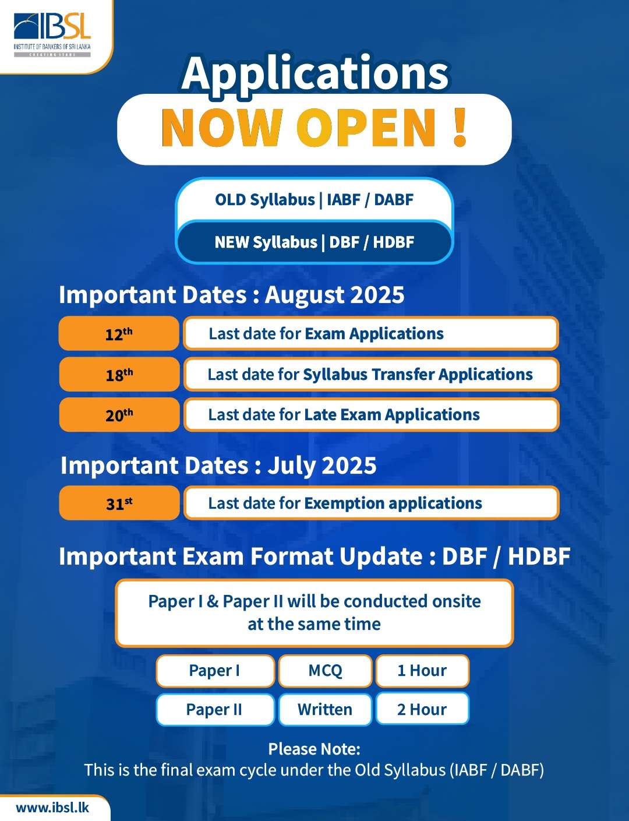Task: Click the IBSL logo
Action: [52, 35]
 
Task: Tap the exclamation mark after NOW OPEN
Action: [460, 128]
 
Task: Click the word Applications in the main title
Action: [315, 74]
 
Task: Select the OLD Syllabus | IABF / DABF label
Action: [314, 199]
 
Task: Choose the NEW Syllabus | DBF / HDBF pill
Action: [314, 242]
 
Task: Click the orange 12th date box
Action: [119, 333]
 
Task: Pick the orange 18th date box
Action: [119, 374]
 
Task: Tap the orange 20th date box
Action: [119, 414]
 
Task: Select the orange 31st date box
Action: [119, 503]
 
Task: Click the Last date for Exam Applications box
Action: [371, 333]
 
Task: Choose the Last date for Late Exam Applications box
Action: [371, 414]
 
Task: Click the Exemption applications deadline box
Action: [371, 503]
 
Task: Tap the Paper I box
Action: [215, 671]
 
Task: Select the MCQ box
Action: [325, 671]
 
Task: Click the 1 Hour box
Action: [422, 671]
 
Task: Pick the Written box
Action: [325, 709]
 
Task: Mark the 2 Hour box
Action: [422, 709]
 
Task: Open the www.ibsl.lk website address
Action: [52, 808]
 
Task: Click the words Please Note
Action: [314, 749]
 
